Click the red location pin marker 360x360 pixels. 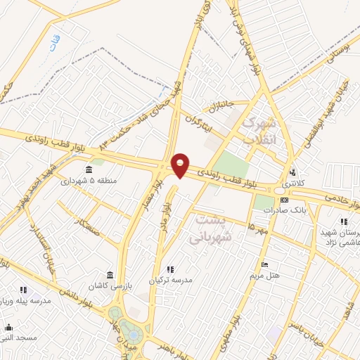[x=180, y=165]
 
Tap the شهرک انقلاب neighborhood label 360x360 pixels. [x=259, y=131]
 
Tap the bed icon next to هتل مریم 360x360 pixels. [x=264, y=265]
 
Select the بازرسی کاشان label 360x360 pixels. [x=110, y=286]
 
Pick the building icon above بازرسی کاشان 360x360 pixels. [x=110, y=275]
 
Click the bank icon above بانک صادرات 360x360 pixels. [x=283, y=200]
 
